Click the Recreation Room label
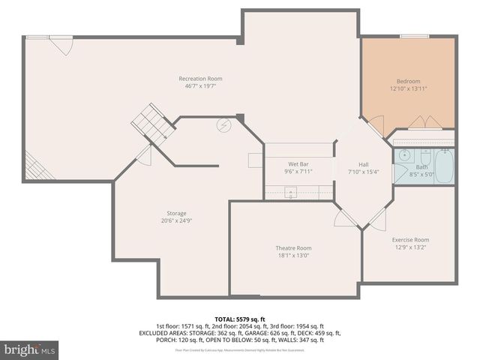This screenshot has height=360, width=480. pos(200,79)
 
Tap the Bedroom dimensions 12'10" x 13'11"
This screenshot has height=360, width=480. pos(408,88)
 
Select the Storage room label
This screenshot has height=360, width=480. pos(176,213)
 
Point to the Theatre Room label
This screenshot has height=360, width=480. pos(293,248)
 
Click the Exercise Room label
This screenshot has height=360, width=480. pos(412,240)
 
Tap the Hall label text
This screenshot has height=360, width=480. pos(363,164)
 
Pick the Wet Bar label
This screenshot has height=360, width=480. pos(299,163)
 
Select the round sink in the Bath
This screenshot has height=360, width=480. pos(403,157)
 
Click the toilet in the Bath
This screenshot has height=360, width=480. pos(424,158)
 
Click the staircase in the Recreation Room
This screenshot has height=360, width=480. pos(153,124)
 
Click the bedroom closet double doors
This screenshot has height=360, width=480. pos(419,122)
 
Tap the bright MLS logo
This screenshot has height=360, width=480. pos(30,349)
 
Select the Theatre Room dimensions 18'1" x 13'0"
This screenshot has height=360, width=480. pos(293,256)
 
